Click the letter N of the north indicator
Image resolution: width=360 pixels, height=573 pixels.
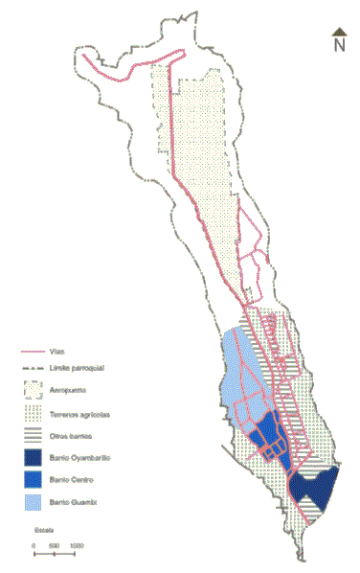tap(339, 44)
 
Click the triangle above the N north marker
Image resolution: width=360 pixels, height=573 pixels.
tap(339, 32)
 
